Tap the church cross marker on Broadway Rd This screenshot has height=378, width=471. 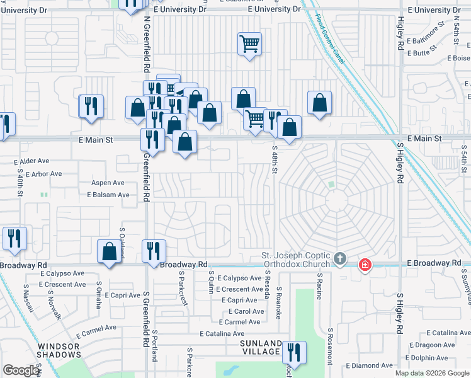point(340,258)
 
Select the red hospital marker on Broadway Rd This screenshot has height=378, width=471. point(364,265)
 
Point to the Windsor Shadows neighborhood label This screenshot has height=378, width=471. point(58,351)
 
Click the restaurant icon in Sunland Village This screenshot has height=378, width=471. point(293,352)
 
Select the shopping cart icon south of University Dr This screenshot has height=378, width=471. point(249,44)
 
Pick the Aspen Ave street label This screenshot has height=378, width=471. point(108,183)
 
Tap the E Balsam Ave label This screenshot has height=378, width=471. point(108,195)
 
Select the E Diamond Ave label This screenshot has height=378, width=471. point(373,365)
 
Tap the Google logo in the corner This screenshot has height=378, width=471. point(21,370)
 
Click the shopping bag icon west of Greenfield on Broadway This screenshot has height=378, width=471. point(110,251)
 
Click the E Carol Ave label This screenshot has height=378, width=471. point(246,311)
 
